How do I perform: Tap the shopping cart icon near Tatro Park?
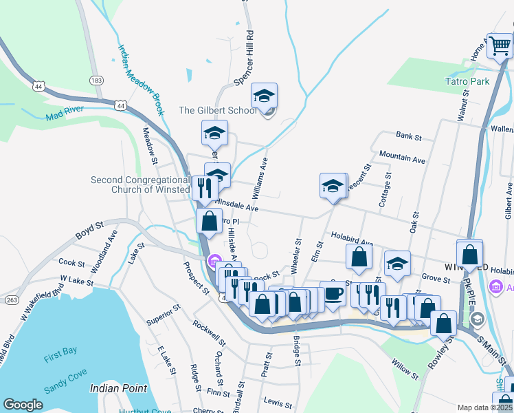pyautogui.click(x=500, y=45)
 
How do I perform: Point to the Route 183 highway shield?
pyautogui.click(x=97, y=81)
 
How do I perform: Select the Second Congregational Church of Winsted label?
pyautogui.click(x=140, y=184)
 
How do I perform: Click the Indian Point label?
pyautogui.click(x=119, y=388)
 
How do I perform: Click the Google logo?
pyautogui.click(x=23, y=404)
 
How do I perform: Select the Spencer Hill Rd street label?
pyautogui.click(x=245, y=58)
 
